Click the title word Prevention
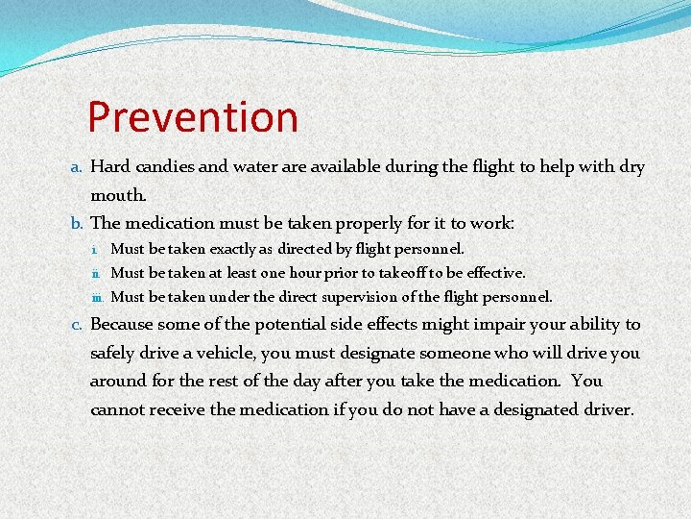point(192,117)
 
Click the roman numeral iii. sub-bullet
point(100,298)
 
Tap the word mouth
point(117,195)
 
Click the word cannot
point(120,409)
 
